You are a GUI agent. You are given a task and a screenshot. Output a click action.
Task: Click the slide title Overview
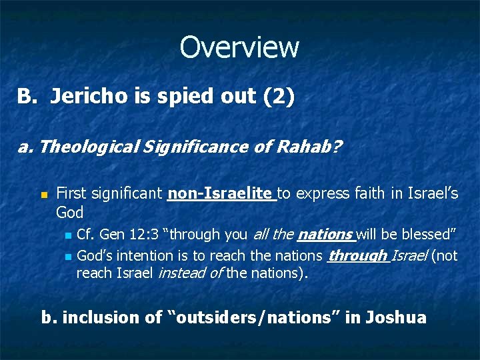(x=239, y=47)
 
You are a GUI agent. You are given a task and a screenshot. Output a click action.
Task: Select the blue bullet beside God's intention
(x=67, y=256)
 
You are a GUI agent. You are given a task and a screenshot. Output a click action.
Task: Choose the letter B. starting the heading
(x=25, y=97)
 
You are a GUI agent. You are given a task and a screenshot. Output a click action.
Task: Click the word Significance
(x=175, y=146)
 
